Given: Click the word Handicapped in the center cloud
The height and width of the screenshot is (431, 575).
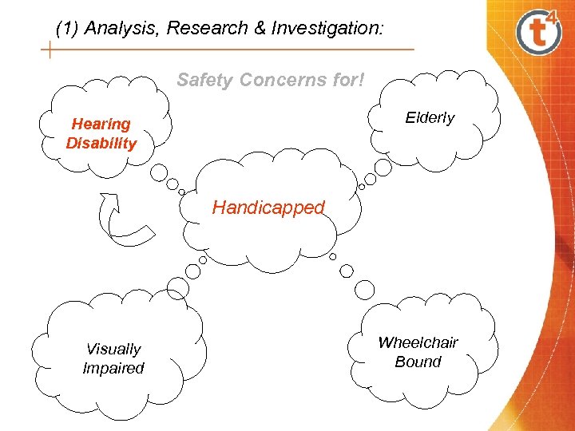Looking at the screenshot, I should tap(268, 208).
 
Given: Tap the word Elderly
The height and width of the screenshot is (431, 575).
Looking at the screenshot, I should tap(429, 118).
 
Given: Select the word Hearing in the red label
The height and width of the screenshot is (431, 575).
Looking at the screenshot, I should tap(101, 124).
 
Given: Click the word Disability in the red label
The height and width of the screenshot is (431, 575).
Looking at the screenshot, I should tap(101, 144).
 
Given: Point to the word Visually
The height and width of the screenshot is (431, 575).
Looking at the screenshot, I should tap(113, 349).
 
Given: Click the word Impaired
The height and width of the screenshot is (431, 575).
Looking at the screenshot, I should tap(113, 368).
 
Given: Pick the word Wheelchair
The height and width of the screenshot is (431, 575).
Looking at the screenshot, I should tap(418, 342).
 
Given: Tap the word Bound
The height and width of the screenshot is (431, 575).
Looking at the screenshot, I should tap(418, 362).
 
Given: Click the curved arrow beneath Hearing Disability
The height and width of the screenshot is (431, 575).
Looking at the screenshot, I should tap(121, 219).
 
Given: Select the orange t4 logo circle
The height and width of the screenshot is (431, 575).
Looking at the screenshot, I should tap(540, 32).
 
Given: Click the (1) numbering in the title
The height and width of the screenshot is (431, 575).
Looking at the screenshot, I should tap(68, 29).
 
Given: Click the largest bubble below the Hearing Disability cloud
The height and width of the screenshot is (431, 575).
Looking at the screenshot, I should tap(160, 172).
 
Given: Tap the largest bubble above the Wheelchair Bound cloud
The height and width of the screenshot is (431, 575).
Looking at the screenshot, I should tap(364, 289).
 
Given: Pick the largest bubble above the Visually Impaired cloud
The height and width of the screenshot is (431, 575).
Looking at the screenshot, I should tap(177, 288).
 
